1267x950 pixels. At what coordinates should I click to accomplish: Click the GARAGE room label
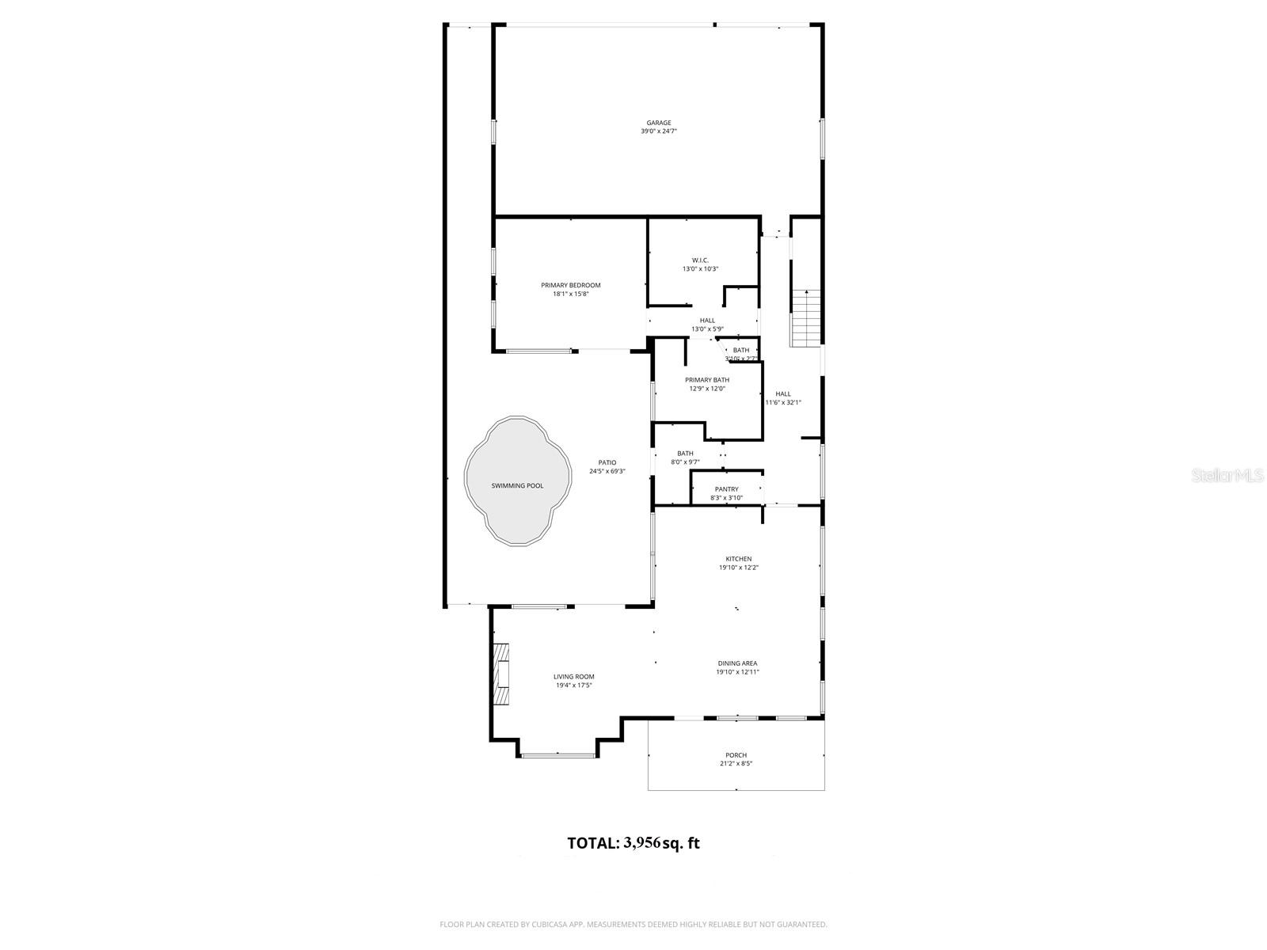point(659,123)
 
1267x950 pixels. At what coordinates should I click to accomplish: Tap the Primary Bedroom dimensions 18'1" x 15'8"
point(571,294)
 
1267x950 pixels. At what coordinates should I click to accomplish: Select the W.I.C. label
point(700,260)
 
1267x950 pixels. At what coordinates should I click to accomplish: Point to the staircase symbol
point(806,318)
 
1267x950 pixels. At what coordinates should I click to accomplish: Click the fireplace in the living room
point(500,674)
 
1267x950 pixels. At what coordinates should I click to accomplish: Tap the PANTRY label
point(726,489)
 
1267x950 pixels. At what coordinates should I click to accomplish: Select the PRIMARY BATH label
point(707,380)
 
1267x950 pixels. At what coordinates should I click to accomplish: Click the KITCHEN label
point(739,559)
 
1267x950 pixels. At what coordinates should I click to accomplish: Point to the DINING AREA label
point(737,663)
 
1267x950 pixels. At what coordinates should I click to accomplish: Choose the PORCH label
point(736,755)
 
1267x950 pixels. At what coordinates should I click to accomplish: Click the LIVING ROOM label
point(573,677)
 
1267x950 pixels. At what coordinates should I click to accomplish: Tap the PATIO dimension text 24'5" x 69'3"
point(607,471)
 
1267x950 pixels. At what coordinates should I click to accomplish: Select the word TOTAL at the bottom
point(592,843)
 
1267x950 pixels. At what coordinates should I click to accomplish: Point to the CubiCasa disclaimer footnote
point(633,924)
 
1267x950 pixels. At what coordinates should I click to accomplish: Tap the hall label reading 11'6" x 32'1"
point(783,402)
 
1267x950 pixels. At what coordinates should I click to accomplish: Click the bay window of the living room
point(558,754)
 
